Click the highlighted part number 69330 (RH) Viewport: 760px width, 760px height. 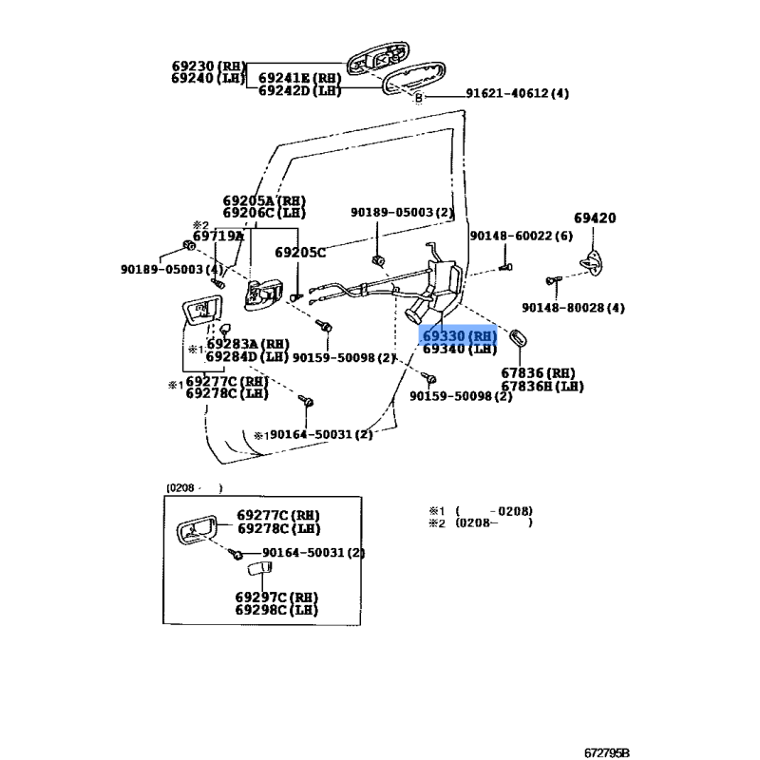tap(460, 336)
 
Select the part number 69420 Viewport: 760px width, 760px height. tap(595, 218)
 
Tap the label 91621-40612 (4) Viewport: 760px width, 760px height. tap(517, 94)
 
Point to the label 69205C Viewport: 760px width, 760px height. tap(300, 253)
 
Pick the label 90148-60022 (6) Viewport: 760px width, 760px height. tap(522, 236)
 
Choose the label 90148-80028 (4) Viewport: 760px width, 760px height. tap(573, 307)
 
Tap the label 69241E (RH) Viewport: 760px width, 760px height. tap(299, 78)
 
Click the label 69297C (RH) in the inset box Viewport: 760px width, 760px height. tap(277, 598)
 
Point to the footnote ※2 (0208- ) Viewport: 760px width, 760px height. tap(480, 522)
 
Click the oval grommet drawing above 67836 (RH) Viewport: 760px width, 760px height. tap(519, 338)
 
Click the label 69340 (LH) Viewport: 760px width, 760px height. tap(460, 350)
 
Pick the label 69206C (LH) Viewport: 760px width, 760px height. tap(264, 214)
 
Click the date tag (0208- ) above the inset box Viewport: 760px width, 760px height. tap(194, 487)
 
